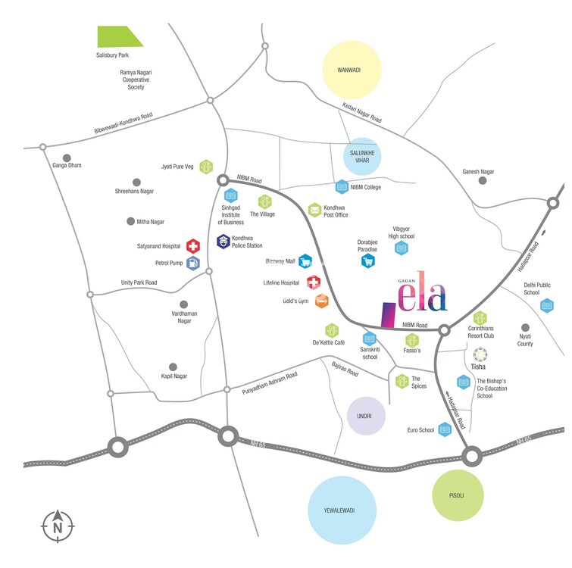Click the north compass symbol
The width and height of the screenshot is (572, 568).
click(x=57, y=523)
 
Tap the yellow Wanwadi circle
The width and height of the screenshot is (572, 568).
click(x=352, y=70)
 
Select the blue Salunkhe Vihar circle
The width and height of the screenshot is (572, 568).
click(x=362, y=155)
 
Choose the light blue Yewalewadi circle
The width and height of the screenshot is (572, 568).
click(x=342, y=510)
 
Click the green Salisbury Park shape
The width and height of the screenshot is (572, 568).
click(x=119, y=36)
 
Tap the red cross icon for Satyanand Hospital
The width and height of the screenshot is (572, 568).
click(x=193, y=246)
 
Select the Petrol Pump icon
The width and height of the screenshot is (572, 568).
click(x=193, y=264)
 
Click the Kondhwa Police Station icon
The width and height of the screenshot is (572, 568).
click(x=223, y=242)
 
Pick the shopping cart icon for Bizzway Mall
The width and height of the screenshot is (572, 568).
click(x=305, y=261)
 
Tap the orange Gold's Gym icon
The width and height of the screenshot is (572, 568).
click(x=321, y=301)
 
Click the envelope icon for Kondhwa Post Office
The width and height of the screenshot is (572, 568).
click(x=314, y=209)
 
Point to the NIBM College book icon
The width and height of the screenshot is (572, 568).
click(x=342, y=186)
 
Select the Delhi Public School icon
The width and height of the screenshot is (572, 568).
click(x=547, y=305)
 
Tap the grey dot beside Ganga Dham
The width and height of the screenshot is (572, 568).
click(x=67, y=158)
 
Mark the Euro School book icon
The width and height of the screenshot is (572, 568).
click(x=445, y=429)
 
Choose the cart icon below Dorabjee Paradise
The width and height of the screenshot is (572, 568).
click(x=367, y=261)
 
